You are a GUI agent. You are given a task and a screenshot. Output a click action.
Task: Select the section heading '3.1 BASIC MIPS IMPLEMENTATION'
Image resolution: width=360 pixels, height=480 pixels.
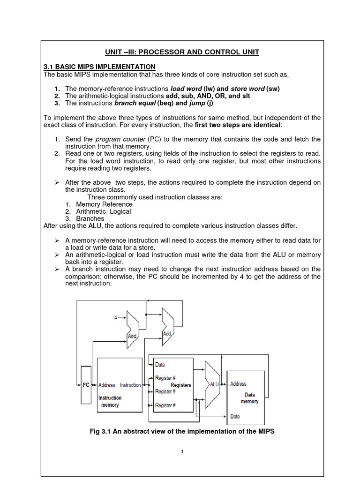[x=99, y=67]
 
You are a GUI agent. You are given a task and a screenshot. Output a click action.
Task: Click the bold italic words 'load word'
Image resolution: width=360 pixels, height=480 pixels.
[x=186, y=89]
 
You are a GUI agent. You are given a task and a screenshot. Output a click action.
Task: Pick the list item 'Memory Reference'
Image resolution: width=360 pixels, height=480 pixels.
[x=104, y=204]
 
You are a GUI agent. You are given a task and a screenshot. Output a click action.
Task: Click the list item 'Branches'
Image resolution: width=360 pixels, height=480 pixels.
[x=90, y=218]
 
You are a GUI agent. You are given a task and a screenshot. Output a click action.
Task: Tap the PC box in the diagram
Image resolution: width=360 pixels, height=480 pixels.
[x=86, y=385]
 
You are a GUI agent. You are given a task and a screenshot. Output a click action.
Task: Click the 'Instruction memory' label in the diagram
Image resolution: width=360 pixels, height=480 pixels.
[x=110, y=401]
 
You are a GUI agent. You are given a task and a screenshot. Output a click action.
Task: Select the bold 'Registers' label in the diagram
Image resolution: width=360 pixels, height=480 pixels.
[x=181, y=385]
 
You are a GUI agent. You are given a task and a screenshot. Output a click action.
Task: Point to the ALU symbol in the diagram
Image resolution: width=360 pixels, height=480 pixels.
[x=214, y=384]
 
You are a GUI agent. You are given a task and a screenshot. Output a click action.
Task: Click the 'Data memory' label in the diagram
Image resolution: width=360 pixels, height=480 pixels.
[x=249, y=398]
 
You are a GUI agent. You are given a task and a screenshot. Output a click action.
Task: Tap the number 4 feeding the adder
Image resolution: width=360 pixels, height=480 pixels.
[x=116, y=318]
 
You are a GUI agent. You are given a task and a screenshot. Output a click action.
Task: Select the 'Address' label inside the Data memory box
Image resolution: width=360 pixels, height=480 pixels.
[x=238, y=384]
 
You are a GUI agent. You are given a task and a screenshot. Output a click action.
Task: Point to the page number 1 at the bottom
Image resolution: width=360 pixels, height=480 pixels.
[x=182, y=451]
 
